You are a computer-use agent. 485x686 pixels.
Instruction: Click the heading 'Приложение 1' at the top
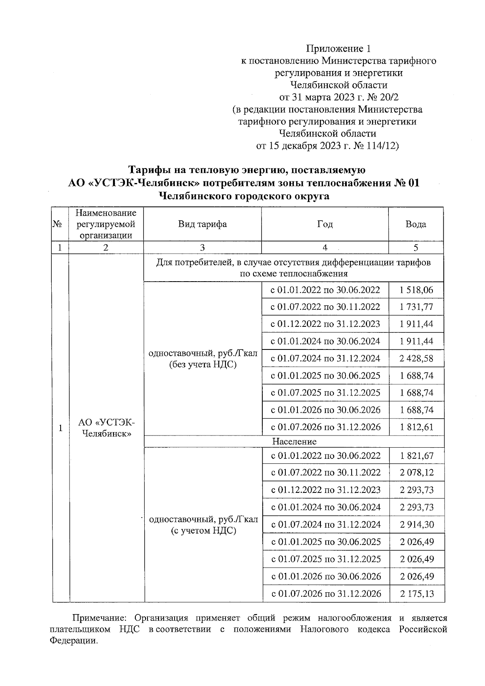click(x=338, y=49)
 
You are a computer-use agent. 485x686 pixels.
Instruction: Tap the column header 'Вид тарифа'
click(x=202, y=224)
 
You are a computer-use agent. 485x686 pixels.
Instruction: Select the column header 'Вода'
click(x=416, y=224)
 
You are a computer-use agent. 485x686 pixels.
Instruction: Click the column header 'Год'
click(x=325, y=224)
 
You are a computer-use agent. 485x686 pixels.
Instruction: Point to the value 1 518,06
click(x=416, y=290)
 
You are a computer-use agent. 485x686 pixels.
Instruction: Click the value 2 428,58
click(x=416, y=358)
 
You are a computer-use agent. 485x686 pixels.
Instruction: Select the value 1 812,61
click(x=416, y=427)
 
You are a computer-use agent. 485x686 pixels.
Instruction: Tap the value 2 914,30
click(x=417, y=524)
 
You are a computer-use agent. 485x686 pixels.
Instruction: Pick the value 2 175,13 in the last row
click(x=417, y=593)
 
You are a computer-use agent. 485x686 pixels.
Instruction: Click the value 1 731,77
click(x=416, y=307)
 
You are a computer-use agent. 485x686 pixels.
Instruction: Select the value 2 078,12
click(x=417, y=472)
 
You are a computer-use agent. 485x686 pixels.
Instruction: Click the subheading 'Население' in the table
click(x=294, y=441)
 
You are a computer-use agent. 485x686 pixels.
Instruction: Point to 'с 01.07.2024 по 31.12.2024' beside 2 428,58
click(x=325, y=358)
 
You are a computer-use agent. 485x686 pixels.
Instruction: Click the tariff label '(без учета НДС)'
click(x=202, y=365)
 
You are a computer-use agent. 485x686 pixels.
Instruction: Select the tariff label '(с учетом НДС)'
click(x=203, y=531)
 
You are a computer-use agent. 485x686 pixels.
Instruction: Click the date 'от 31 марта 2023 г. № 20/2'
click(x=339, y=97)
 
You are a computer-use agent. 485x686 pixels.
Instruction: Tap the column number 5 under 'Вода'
click(x=416, y=248)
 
